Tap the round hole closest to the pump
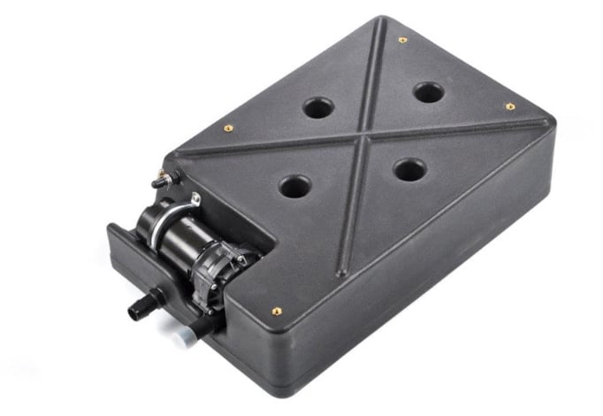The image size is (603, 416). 295,187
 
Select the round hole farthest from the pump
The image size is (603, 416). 428,92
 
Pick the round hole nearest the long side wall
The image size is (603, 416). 409,170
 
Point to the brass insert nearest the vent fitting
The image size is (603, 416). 227,127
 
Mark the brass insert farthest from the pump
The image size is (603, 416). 510,106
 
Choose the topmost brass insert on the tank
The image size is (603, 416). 402,40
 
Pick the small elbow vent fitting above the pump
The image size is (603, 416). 164,180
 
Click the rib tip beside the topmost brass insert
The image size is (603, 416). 382,25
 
